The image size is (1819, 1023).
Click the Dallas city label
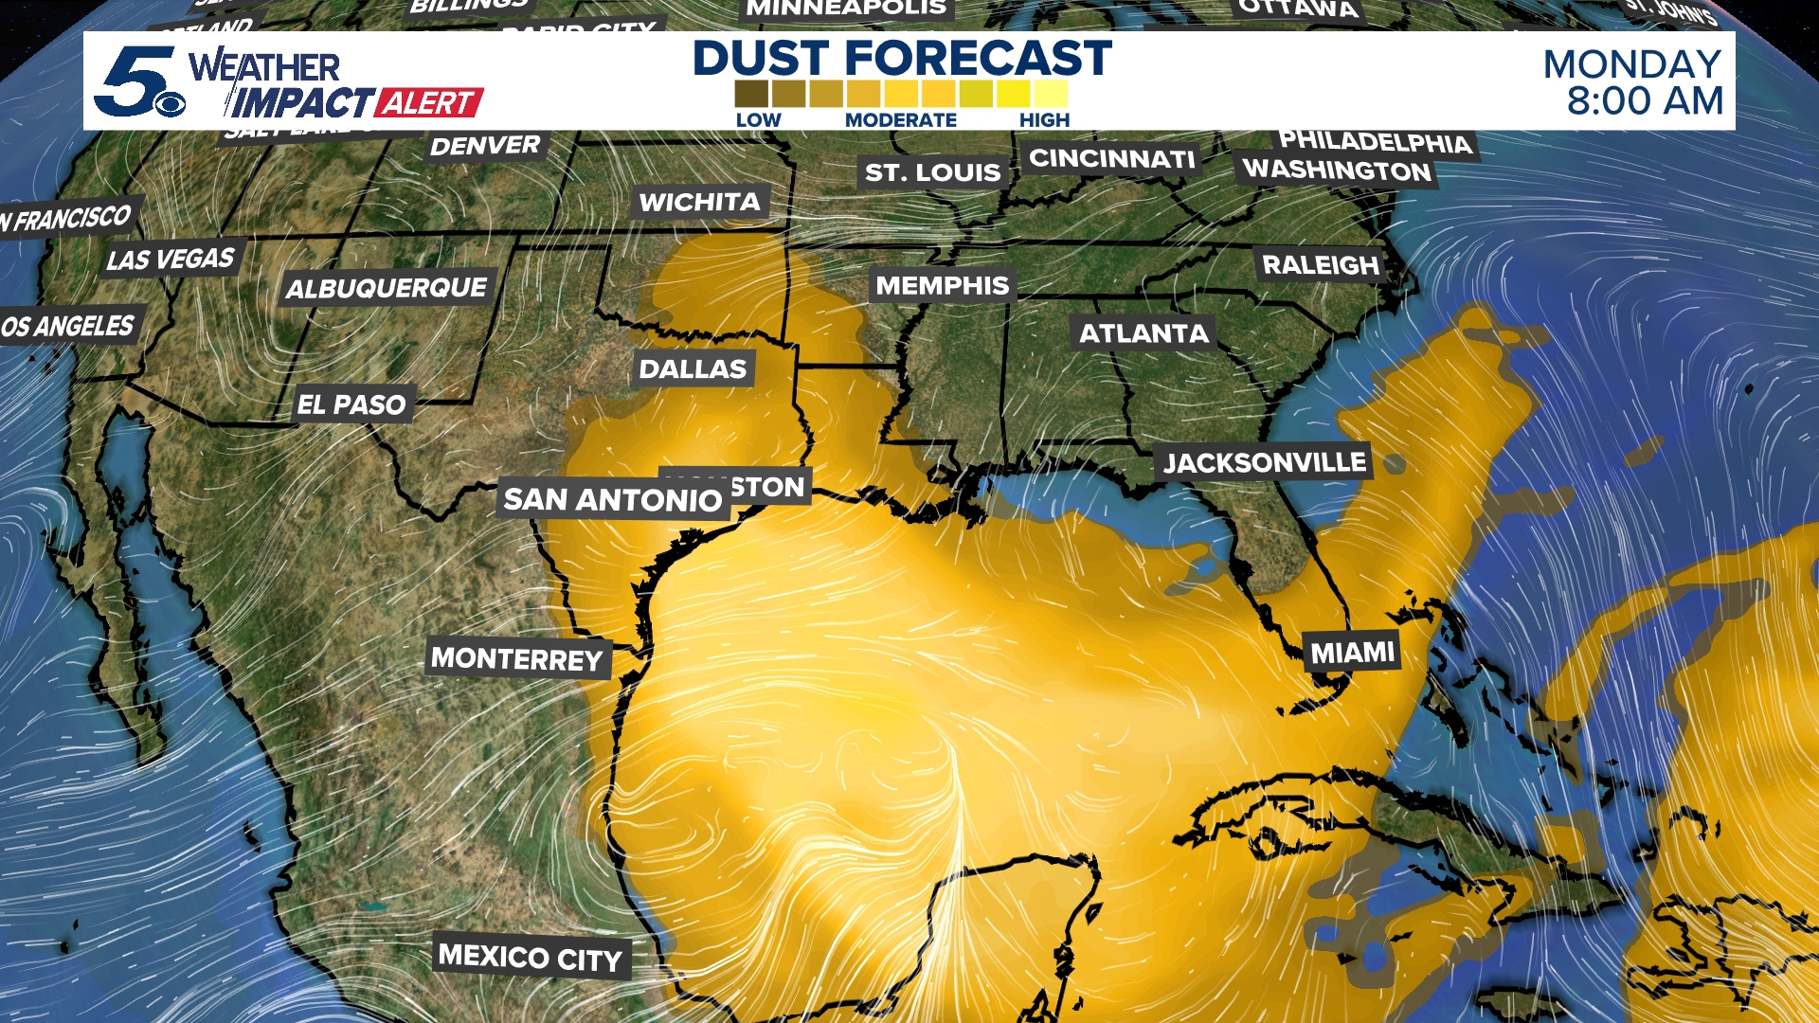pos(693,368)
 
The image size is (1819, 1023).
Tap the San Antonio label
pos(612,499)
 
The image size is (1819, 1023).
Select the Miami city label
pos(1352,653)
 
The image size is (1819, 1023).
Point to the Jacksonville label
pos(1264,462)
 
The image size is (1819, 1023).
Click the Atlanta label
pos(1144,333)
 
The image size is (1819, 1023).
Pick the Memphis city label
pos(942,285)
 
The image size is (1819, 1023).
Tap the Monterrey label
pos(516,658)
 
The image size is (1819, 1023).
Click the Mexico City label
pos(530,958)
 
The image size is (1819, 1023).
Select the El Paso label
pos(351,404)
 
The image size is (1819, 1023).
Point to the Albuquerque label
pos(387,288)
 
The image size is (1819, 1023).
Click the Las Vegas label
pos(171,259)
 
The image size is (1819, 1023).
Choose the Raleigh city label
pos(1320,264)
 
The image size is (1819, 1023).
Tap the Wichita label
pos(699,202)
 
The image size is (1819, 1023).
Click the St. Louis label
pos(932,172)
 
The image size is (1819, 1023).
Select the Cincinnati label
pos(1112,158)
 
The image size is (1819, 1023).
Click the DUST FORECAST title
pos(902,58)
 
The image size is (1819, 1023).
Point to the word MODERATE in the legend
pos(900,120)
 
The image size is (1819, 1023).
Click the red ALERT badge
pos(430,102)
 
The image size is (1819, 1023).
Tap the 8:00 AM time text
pos(1644,101)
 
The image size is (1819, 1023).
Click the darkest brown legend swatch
pos(751,94)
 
